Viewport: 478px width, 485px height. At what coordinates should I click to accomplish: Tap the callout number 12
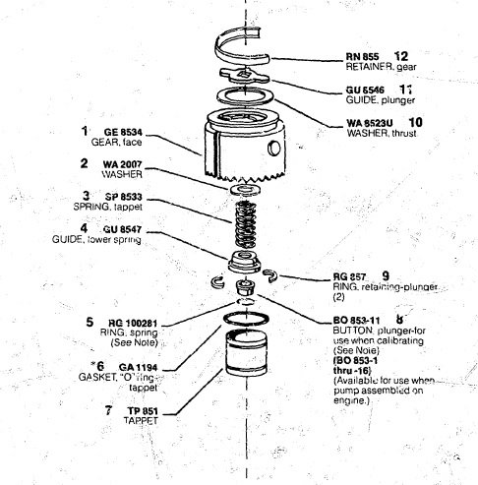tap(400, 55)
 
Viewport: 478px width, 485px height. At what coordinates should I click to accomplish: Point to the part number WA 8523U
tap(371, 123)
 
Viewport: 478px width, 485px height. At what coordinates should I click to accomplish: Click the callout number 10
tap(415, 122)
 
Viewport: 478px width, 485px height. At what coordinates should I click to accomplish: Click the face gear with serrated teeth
tap(241, 152)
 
